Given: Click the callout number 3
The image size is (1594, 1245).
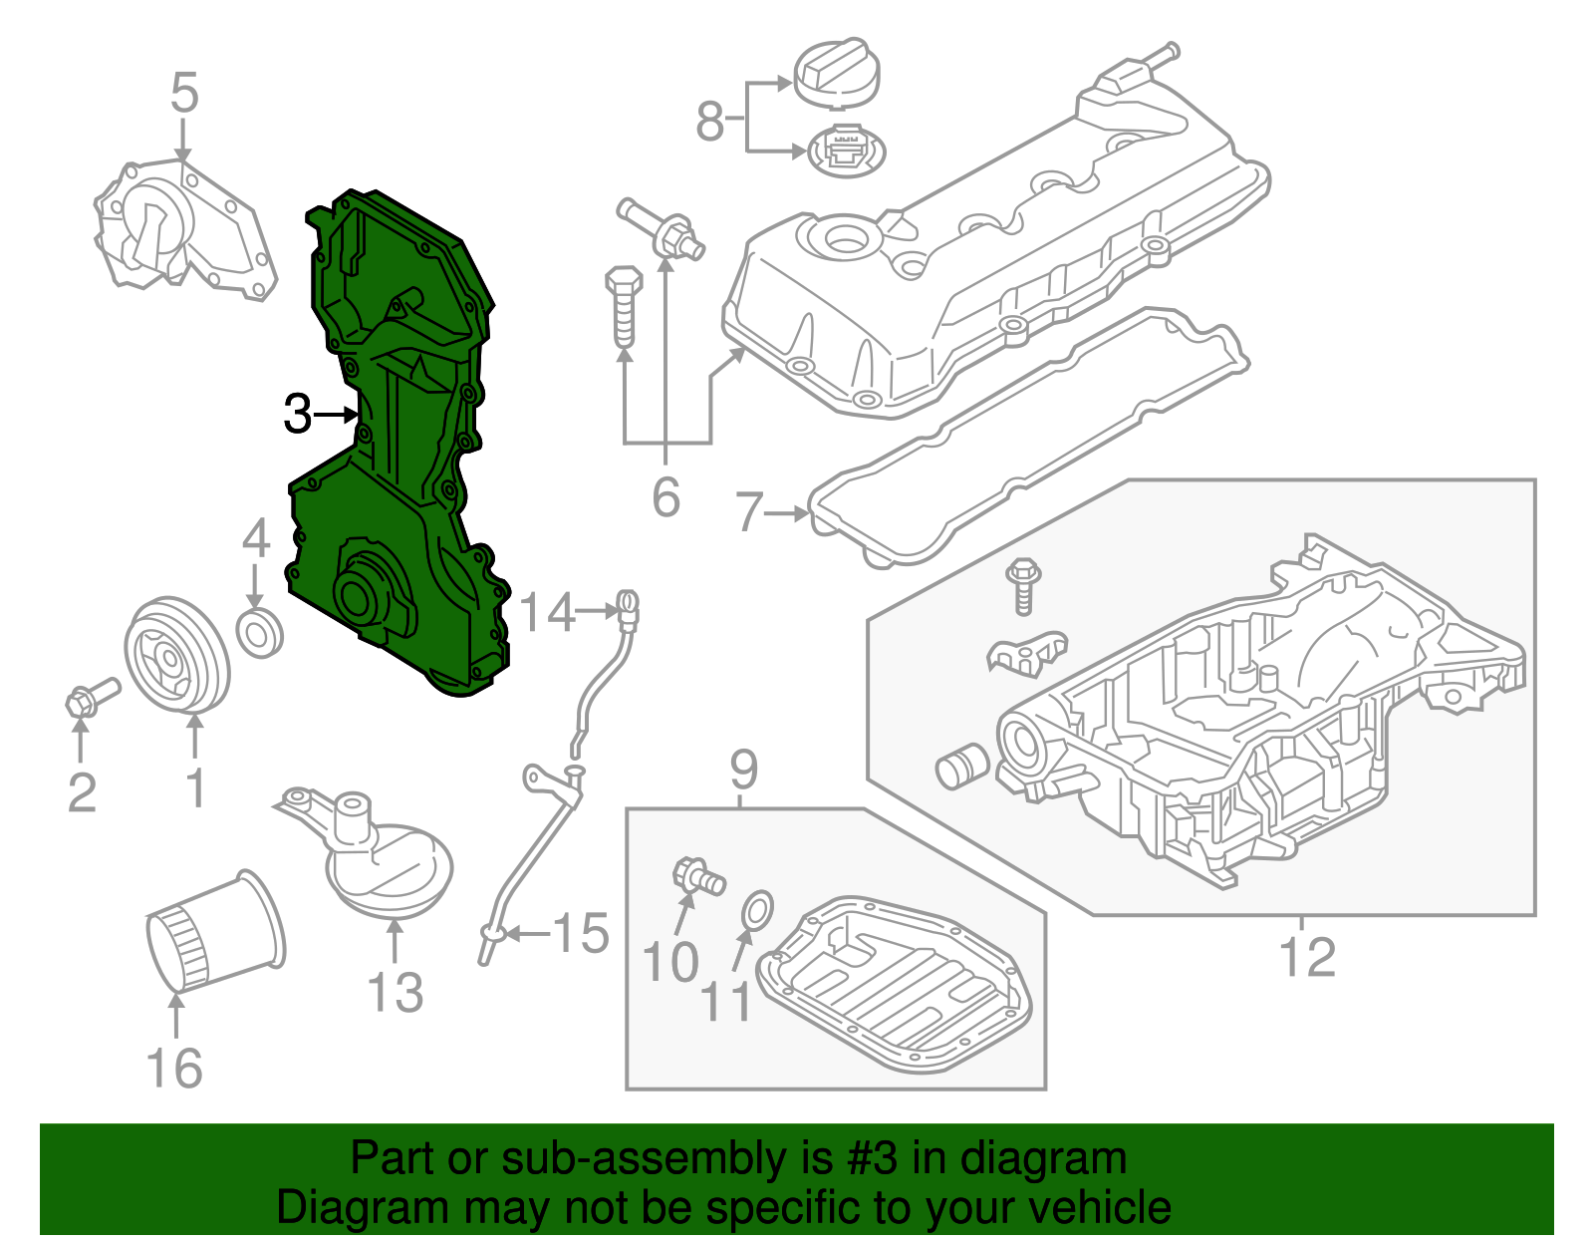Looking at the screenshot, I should click(x=297, y=414).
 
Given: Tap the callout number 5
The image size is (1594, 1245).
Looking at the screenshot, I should click(x=184, y=93).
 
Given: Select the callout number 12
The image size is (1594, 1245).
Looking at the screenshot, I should click(x=1306, y=958).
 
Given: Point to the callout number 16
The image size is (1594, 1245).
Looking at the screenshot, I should click(x=174, y=1068).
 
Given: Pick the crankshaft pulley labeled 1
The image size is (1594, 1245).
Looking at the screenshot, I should click(x=176, y=655).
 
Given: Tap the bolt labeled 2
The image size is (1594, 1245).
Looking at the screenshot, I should click(x=91, y=696).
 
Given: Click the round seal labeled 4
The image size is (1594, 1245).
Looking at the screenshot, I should click(x=259, y=632).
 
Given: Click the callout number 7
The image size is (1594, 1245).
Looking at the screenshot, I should click(x=748, y=512).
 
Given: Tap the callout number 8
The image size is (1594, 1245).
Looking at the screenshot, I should click(x=709, y=122).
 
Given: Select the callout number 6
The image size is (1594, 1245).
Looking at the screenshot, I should click(x=665, y=495).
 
